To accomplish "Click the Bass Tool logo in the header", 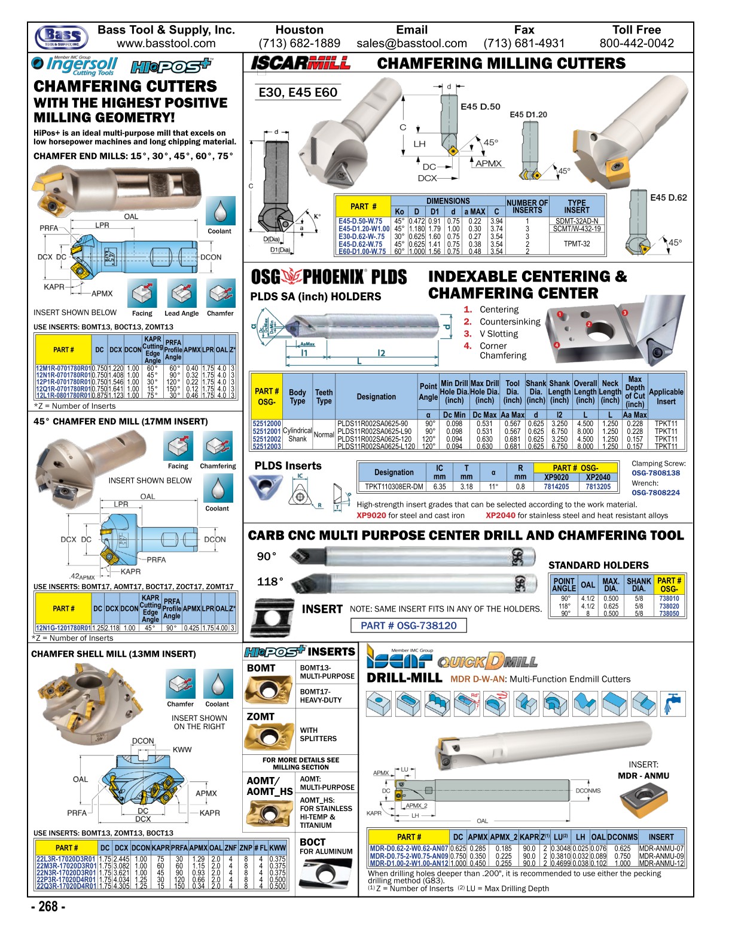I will pos(62,37).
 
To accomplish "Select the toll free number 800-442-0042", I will pos(636,44).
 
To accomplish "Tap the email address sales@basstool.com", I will pos(411,44).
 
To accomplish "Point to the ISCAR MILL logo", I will pos(300,63).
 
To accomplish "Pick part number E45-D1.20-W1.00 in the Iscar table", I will pos(364,229).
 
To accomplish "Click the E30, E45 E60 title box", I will pos(298,93).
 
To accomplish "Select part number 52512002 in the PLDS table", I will pos(266,439).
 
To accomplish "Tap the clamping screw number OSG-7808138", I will pos(655,473).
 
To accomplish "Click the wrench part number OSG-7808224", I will pos(655,493).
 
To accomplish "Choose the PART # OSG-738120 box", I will pos(408,625).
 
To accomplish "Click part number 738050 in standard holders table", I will pos(669,614).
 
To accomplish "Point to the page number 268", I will pos(48,907).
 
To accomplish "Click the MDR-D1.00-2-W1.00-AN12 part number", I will pos(408,863).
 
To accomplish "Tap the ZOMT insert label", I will pos(261,716).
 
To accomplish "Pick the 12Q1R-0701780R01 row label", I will pos(63,389).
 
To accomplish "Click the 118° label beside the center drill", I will pos(270,582).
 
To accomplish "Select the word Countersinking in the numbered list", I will pos(510,322).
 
